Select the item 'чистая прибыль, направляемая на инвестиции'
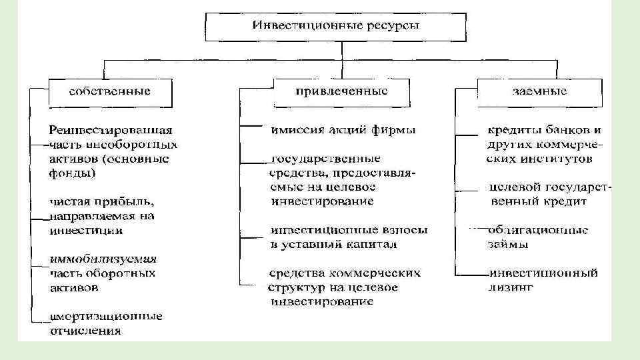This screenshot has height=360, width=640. pyautogui.click(x=100, y=215)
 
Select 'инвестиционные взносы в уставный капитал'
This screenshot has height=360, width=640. pyautogui.click(x=349, y=237)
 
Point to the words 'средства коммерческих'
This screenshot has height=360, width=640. pyautogui.click(x=345, y=273)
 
